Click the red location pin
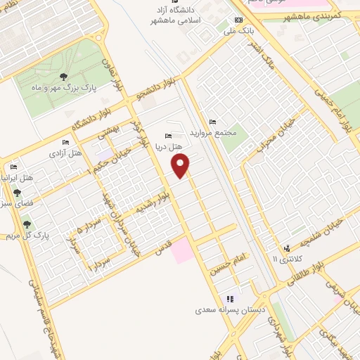point(181,166)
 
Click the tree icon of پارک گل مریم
point(27,225)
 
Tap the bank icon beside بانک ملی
point(238,20)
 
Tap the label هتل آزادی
point(68,152)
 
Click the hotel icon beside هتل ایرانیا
point(13,167)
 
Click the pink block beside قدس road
point(182,251)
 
